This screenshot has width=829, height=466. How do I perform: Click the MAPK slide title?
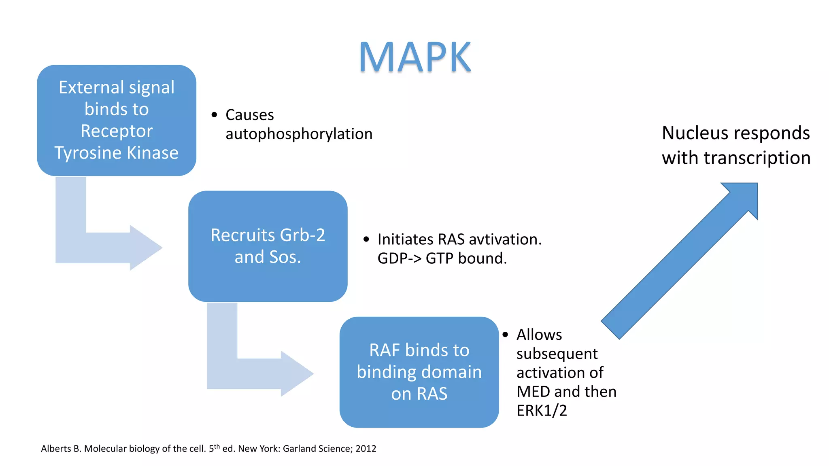(x=415, y=57)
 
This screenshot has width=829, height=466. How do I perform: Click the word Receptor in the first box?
(x=117, y=131)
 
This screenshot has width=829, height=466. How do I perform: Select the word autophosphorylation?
(x=299, y=134)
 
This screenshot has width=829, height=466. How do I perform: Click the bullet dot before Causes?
(x=214, y=115)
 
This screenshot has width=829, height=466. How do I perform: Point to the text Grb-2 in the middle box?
(x=302, y=235)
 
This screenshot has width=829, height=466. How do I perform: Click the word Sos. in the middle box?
(x=284, y=257)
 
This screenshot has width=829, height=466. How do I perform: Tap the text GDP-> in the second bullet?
(x=399, y=258)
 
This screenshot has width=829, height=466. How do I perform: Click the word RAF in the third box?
(x=384, y=350)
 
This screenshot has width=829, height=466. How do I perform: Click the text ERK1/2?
(x=541, y=411)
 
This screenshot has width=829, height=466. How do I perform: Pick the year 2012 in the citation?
(x=366, y=449)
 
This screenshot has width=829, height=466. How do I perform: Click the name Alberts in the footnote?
(x=55, y=449)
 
